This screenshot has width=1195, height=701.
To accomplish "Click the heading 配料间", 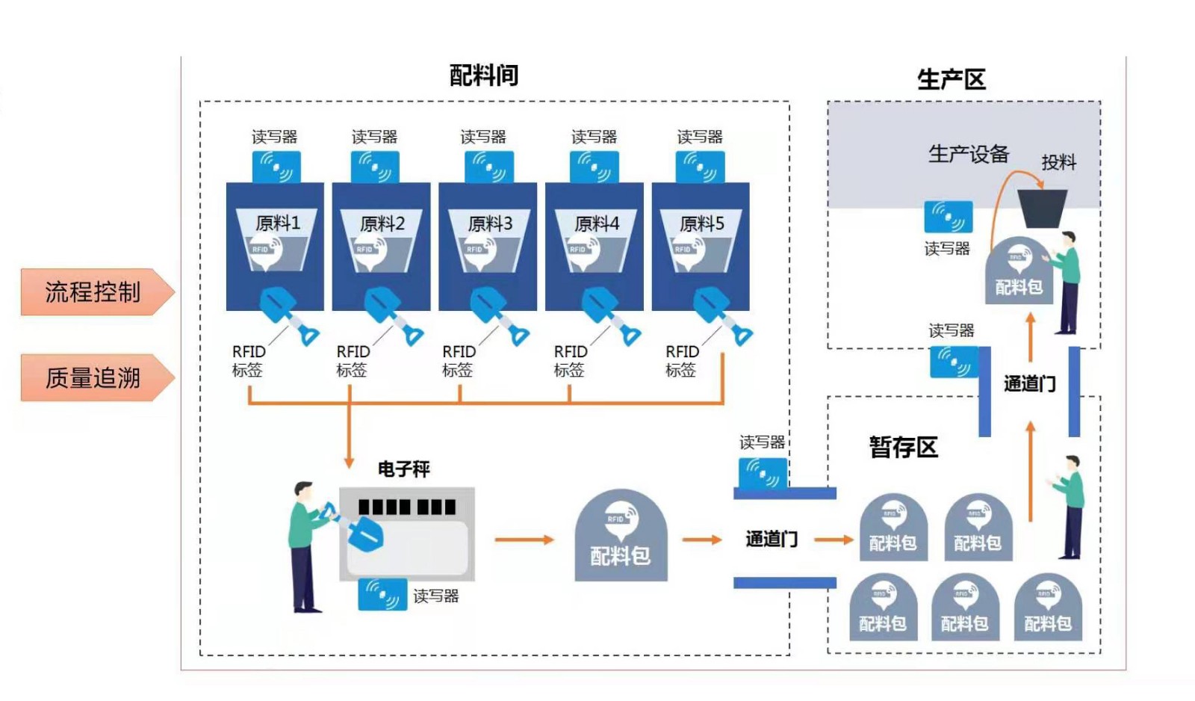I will click(x=483, y=75).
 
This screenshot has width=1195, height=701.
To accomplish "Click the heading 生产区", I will click(x=951, y=79).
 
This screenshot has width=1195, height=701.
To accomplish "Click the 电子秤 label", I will click(x=403, y=469).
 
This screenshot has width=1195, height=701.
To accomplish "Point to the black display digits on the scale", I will click(x=406, y=507).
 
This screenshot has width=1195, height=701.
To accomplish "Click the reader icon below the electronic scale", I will click(x=382, y=594).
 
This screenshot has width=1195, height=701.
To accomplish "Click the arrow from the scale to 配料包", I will click(x=524, y=540).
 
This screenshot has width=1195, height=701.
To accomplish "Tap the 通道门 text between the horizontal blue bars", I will click(x=772, y=539).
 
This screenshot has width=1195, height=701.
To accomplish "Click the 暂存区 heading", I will click(x=903, y=448).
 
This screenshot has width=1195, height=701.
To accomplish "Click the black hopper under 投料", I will click(x=1042, y=208).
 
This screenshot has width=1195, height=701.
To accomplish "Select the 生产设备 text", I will click(x=968, y=155).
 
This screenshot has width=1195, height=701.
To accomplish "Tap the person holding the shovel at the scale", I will click(x=306, y=546).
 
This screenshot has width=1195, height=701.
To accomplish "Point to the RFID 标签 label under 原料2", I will click(x=353, y=360).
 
